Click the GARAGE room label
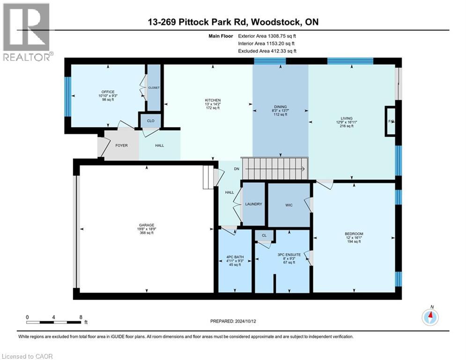146,225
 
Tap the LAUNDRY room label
253,204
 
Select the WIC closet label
289,205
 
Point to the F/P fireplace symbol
390,121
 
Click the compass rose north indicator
430,317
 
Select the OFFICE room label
108,92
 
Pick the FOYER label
122,146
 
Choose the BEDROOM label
354,234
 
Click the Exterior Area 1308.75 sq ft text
267,36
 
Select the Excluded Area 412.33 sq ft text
267,51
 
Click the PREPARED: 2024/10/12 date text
233,321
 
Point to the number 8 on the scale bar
81,317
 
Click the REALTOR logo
27,32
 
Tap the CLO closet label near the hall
150,121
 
